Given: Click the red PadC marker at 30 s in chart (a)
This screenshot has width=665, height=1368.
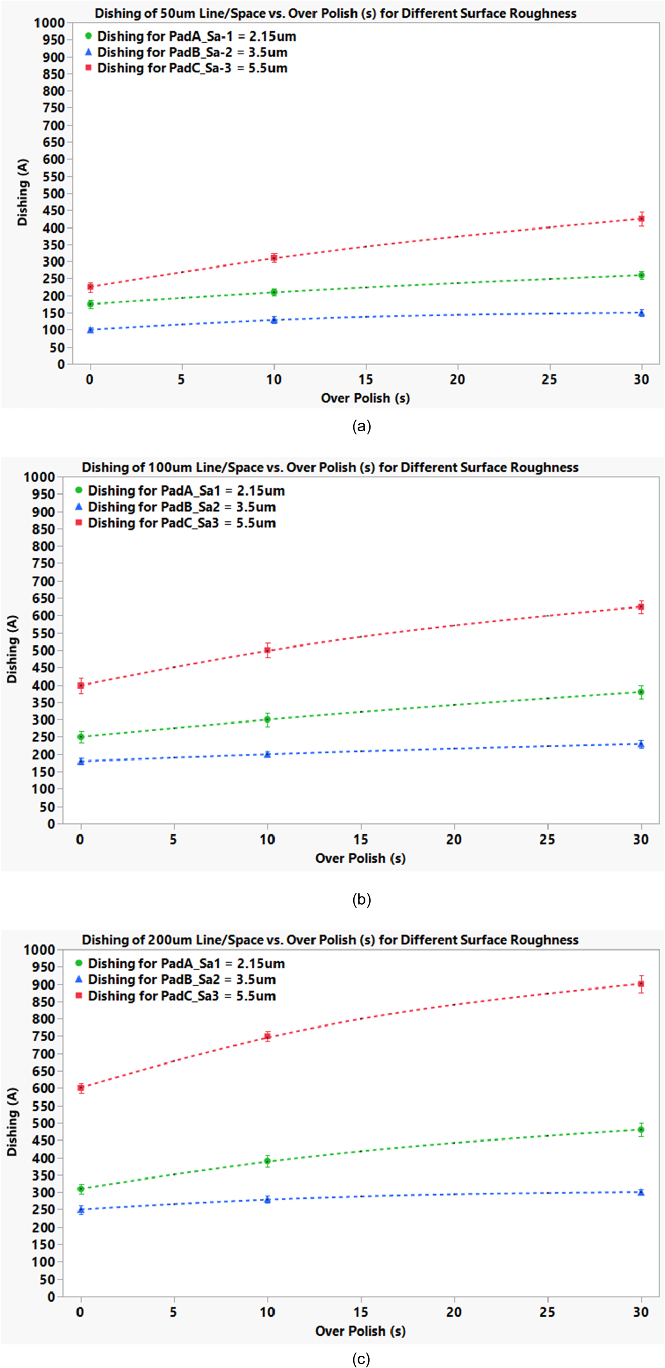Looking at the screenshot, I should (x=641, y=219).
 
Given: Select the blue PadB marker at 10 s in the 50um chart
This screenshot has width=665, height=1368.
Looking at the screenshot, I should (x=274, y=320).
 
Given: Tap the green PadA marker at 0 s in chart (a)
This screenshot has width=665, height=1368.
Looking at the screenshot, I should (x=90, y=305).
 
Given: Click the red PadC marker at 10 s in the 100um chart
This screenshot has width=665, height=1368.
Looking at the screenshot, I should (x=267, y=650).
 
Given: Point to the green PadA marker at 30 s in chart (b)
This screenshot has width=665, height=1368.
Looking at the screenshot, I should (x=641, y=692).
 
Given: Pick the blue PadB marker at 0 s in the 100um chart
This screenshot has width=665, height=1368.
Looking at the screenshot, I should (x=81, y=761).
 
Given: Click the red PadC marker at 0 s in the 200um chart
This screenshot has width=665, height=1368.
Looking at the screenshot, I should (x=81, y=1088).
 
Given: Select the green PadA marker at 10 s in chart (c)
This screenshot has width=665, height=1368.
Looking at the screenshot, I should (x=267, y=1161).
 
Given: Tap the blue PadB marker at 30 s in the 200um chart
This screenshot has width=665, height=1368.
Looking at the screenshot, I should (x=641, y=1192).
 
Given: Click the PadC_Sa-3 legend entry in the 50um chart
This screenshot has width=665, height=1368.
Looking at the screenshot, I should (x=191, y=68).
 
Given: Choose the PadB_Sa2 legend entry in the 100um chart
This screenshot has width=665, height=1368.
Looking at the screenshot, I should (x=181, y=507).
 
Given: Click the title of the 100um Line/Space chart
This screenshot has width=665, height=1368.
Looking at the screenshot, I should (x=330, y=467).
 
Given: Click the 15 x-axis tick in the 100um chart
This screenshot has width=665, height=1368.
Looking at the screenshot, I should (x=361, y=840).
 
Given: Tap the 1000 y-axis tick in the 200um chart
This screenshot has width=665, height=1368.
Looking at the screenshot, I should (x=40, y=949).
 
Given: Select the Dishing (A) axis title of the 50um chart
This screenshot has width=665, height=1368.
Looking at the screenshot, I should (x=22, y=192).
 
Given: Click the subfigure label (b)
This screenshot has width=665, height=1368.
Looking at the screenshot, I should (x=361, y=900).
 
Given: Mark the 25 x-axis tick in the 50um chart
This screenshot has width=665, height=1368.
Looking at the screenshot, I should (x=549, y=379).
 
